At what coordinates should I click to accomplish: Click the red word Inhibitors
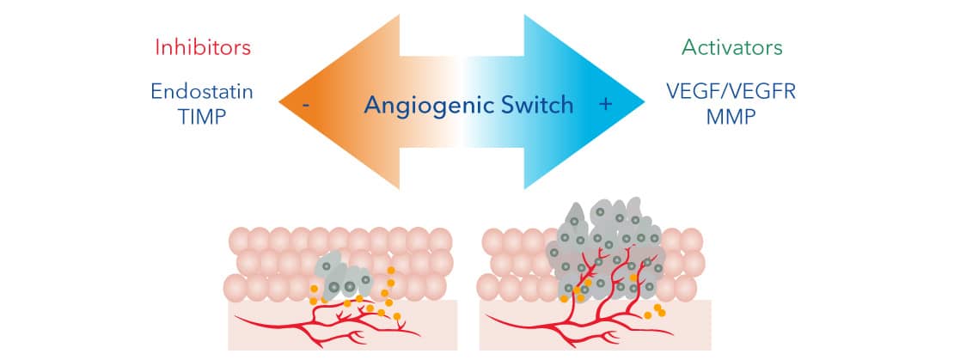point(203,48)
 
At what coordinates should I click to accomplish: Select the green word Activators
point(732,48)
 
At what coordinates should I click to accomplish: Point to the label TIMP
point(203,117)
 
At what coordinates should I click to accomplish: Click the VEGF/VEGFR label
point(733,92)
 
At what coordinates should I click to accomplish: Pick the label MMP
point(732,117)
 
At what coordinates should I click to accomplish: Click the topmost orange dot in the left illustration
point(391,272)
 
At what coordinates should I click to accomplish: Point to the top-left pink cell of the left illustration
point(240,241)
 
